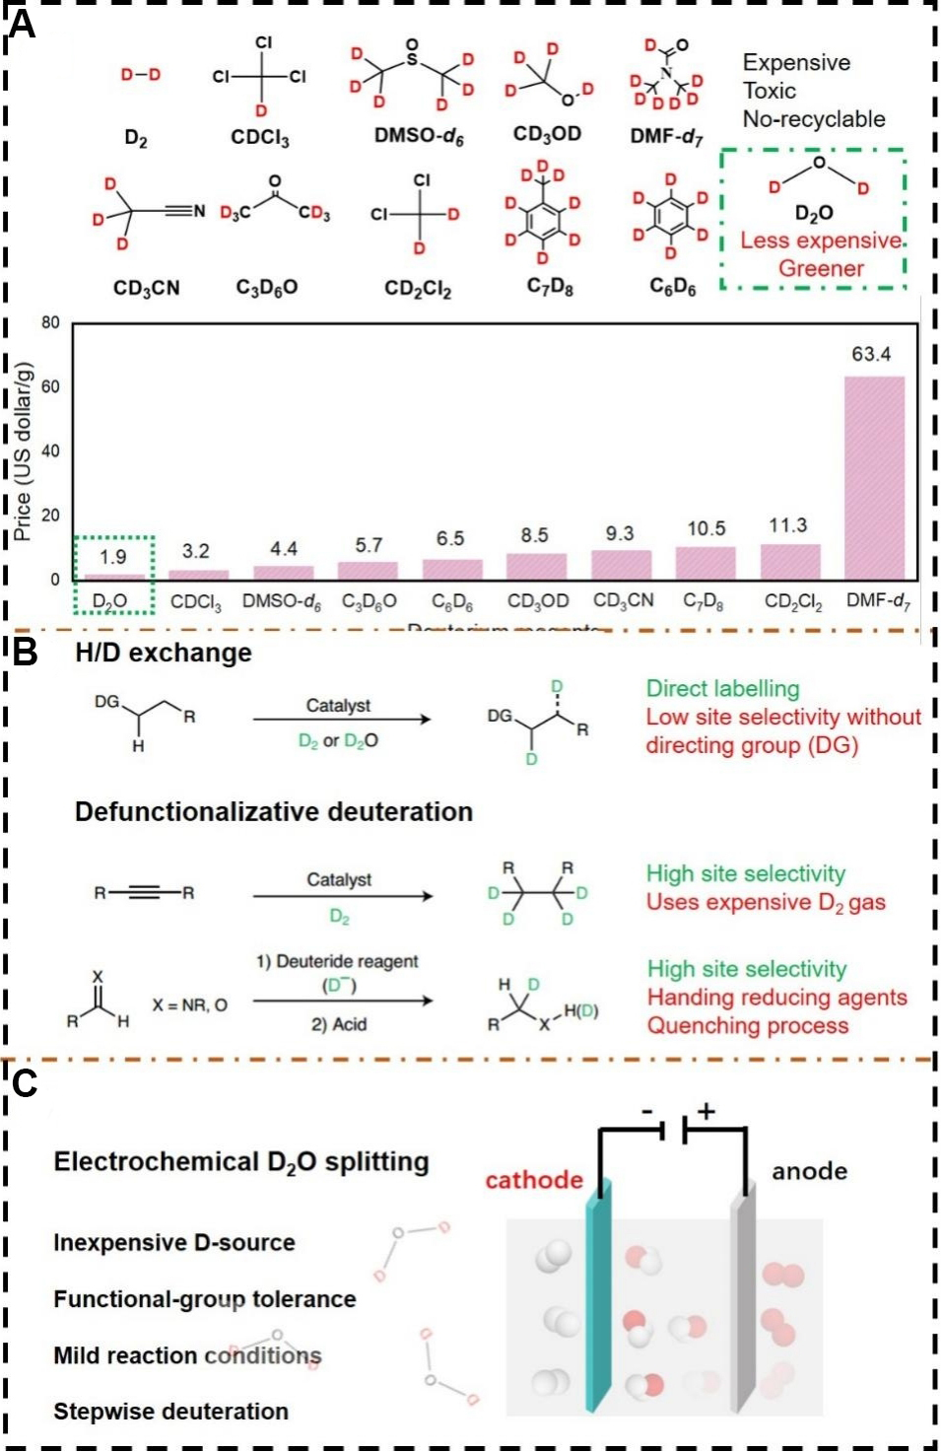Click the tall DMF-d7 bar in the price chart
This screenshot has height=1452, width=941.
[x=874, y=477]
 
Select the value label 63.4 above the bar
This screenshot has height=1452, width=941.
[x=871, y=354]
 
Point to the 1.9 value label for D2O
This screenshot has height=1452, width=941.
[x=113, y=557]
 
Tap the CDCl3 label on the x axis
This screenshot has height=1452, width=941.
[x=196, y=601]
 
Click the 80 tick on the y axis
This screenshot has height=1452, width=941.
[x=50, y=322]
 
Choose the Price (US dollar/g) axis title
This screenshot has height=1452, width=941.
[x=23, y=451]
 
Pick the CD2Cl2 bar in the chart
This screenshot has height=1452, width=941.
[x=790, y=562]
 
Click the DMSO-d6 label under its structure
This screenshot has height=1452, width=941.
[x=418, y=136]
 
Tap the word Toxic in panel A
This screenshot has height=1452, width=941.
[x=769, y=91]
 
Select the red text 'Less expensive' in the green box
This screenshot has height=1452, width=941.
[x=821, y=241]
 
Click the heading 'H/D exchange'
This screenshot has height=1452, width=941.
[x=164, y=653]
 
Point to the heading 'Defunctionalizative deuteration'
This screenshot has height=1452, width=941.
[x=274, y=811]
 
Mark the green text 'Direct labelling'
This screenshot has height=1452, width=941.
[x=722, y=688]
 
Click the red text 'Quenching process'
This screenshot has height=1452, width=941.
[x=747, y=1025]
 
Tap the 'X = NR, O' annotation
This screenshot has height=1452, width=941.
[x=189, y=1004]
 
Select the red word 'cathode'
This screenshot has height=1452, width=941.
[x=534, y=1180]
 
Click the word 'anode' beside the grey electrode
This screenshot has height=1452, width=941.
[x=809, y=1171]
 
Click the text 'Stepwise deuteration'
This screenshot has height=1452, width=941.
[x=170, y=1412]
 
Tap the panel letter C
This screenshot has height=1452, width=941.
[x=24, y=1083]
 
